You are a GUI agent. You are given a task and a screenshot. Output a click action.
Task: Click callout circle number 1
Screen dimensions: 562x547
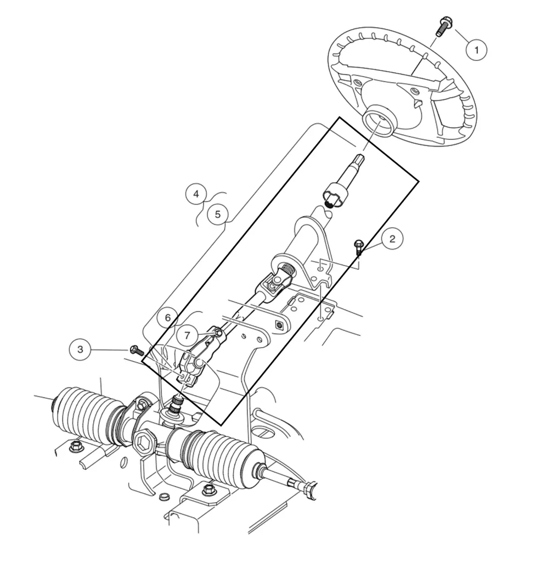[x=476, y=50]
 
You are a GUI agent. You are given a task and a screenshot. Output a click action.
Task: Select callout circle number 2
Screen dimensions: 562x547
[x=392, y=239]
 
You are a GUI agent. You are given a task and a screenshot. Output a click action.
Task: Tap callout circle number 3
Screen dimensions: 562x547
[x=81, y=350]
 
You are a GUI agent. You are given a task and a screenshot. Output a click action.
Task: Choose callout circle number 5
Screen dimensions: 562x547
[x=218, y=214]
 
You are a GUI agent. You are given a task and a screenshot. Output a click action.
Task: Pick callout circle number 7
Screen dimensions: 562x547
[x=187, y=334]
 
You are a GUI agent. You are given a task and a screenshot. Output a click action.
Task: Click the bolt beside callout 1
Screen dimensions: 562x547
[x=442, y=27]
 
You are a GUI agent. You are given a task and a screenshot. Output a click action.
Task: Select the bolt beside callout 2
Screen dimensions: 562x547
[x=359, y=246]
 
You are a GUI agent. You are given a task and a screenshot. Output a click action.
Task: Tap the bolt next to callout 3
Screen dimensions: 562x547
[x=136, y=350]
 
